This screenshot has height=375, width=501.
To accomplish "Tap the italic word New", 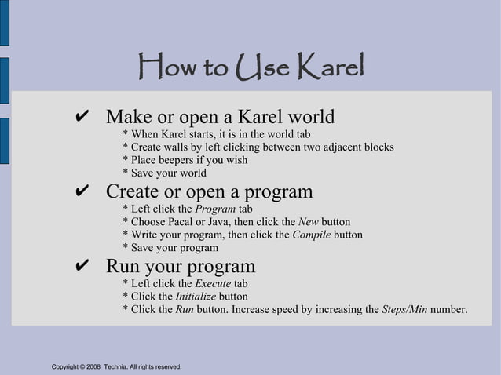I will pos(308,222).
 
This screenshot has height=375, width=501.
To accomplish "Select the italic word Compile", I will pos(311,235).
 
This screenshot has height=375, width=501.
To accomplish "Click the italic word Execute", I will pos(213,284).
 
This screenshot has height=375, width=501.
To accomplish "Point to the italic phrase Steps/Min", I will pos(404,309).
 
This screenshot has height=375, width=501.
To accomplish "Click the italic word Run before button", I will pos(184,309).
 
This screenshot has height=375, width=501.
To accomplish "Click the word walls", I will pos(181,147).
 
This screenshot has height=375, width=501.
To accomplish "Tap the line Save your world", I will pos(165,173).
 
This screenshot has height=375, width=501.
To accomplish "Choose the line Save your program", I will pos(171,247).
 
